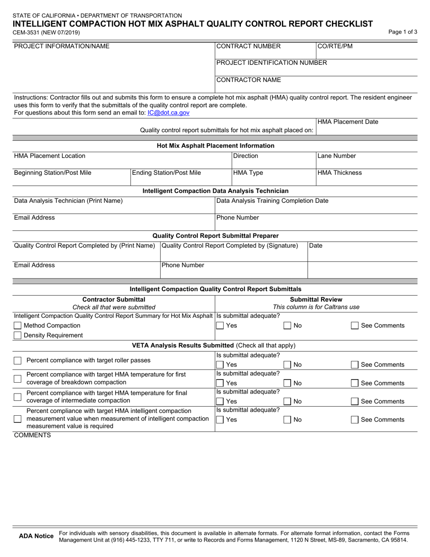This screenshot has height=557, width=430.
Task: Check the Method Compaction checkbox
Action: pyautogui.click(x=18, y=326)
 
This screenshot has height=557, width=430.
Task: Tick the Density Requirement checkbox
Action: pyautogui.click(x=18, y=336)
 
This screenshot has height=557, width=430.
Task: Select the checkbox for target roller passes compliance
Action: pyautogui.click(x=18, y=360)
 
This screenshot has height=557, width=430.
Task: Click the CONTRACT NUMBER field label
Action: pyautogui.click(x=248, y=46)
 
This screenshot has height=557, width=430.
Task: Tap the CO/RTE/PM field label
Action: pyautogui.click(x=334, y=46)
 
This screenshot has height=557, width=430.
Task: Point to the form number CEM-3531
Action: pyautogui.click(x=47, y=33)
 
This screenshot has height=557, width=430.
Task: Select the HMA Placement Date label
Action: pyautogui.click(x=348, y=122)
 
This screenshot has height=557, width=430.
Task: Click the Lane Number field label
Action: pyautogui.click(x=337, y=156)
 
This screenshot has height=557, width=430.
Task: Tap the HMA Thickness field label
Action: pyautogui.click(x=339, y=173)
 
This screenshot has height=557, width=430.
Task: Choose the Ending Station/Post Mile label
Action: pyautogui.click(x=167, y=173)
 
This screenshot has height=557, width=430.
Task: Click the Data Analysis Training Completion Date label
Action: pyautogui.click(x=272, y=201)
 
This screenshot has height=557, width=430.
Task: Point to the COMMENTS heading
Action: pyautogui.click(x=33, y=436)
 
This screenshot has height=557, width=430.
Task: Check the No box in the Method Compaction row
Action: pyautogui.click(x=287, y=326)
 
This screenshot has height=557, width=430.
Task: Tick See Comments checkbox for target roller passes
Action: pyautogui.click(x=355, y=365)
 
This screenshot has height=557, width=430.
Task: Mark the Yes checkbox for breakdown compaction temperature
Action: pyautogui.click(x=220, y=384)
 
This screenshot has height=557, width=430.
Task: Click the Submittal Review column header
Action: pyautogui.click(x=316, y=299)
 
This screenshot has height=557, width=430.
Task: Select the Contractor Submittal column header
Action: pyautogui.click(x=114, y=299)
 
